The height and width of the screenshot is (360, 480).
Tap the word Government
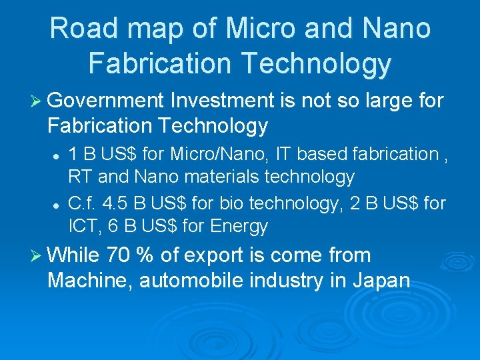pyautogui.click(x=106, y=101)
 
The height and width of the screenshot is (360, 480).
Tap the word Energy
pyautogui.click(x=239, y=227)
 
